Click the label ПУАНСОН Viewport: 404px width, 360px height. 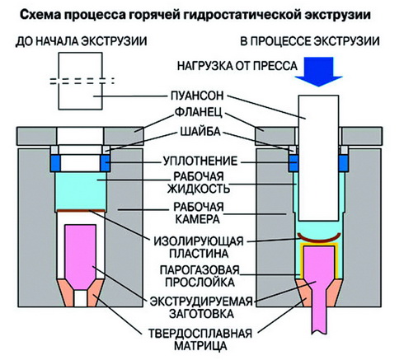click(197, 96)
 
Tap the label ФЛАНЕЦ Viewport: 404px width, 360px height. click(198, 113)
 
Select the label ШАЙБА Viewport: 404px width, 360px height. click(200, 132)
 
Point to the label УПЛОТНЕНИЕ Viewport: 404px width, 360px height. click(200, 161)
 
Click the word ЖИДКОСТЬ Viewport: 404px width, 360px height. click(199, 189)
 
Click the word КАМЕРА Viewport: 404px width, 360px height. click(198, 219)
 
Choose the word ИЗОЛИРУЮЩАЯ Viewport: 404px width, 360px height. click(199, 241)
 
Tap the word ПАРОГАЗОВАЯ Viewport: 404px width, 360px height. click(200, 270)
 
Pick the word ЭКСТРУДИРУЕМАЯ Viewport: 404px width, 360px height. click(201, 302)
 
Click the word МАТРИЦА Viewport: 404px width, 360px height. click(200, 346)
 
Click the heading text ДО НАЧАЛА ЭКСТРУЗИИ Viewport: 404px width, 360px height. click(81, 41)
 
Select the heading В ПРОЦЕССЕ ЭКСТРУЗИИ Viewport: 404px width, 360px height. click(310, 41)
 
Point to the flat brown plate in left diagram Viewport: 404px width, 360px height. click(81, 211)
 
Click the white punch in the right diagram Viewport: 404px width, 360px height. click(318, 158)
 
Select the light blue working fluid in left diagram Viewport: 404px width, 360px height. click(81, 191)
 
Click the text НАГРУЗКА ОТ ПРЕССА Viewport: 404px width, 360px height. click(237, 66)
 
